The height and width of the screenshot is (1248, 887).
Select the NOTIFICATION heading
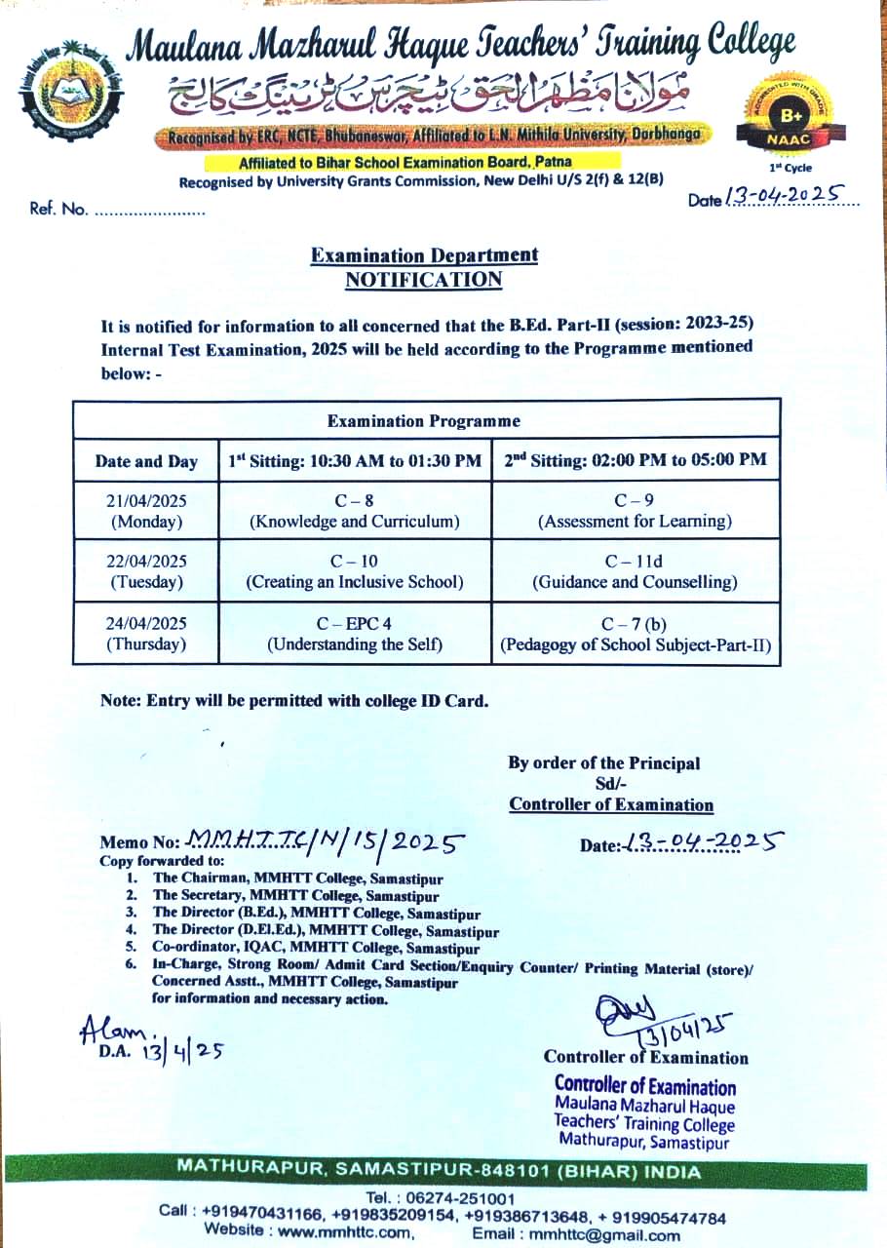coord(424,280)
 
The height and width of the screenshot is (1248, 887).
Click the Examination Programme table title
coord(424,421)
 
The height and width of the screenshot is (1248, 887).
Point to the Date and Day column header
coord(146,461)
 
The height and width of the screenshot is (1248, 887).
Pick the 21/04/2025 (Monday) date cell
coord(146,511)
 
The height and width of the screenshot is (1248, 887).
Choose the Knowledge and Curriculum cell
coord(355,511)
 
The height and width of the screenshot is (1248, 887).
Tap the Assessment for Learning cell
coord(635,511)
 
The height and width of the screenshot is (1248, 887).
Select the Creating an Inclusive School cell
coord(355,571)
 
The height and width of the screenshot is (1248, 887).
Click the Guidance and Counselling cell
coord(635,571)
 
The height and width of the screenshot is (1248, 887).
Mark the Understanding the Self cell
coord(355,634)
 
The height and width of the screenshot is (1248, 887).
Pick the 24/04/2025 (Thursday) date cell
coord(146,634)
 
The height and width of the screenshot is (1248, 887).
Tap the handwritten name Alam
coord(115,1030)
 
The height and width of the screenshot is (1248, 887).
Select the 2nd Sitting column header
coord(635,460)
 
